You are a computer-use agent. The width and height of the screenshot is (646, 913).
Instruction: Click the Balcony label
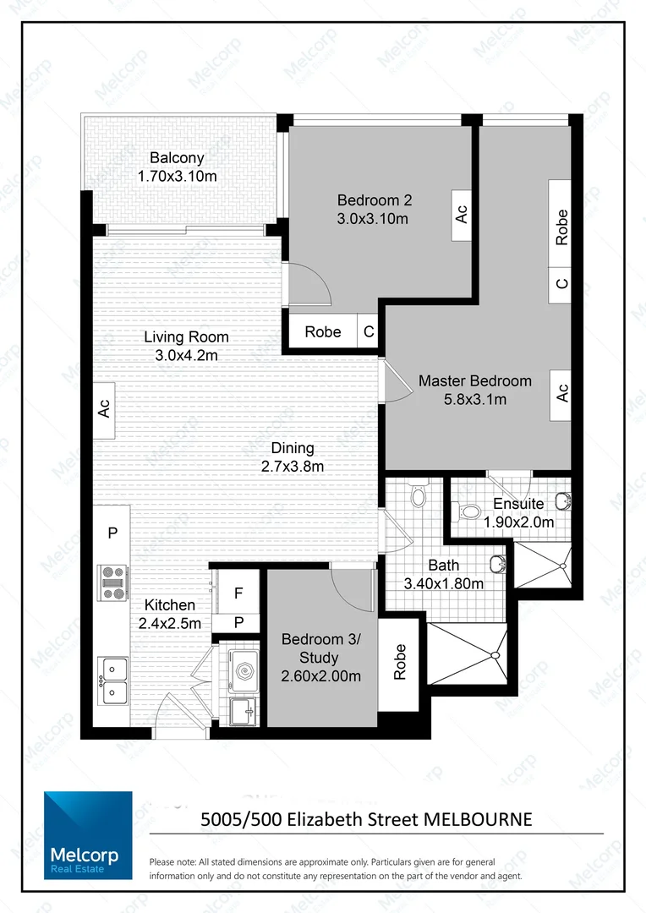[x=177, y=158]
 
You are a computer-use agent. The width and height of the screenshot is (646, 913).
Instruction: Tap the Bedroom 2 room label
[x=374, y=200]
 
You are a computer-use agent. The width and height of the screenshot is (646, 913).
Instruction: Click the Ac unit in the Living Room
[x=104, y=409]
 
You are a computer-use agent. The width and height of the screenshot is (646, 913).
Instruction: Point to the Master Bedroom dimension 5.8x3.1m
[x=475, y=399]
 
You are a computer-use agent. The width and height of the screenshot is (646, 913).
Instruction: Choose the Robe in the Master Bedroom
[x=561, y=227]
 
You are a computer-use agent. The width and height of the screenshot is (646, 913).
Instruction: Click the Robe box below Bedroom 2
[x=323, y=332]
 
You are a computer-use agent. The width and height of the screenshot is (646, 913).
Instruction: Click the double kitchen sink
[x=112, y=681]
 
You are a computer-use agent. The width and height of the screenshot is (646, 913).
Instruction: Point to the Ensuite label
[x=518, y=505]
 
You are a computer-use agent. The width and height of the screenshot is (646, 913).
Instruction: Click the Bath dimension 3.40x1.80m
[x=443, y=583]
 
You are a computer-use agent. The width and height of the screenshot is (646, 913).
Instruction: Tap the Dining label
[x=293, y=448]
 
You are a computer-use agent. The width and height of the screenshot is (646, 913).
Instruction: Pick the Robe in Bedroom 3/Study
[x=399, y=663]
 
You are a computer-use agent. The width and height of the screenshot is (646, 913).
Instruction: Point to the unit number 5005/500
[x=241, y=818]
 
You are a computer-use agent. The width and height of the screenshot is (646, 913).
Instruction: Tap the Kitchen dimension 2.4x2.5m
[x=171, y=624]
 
